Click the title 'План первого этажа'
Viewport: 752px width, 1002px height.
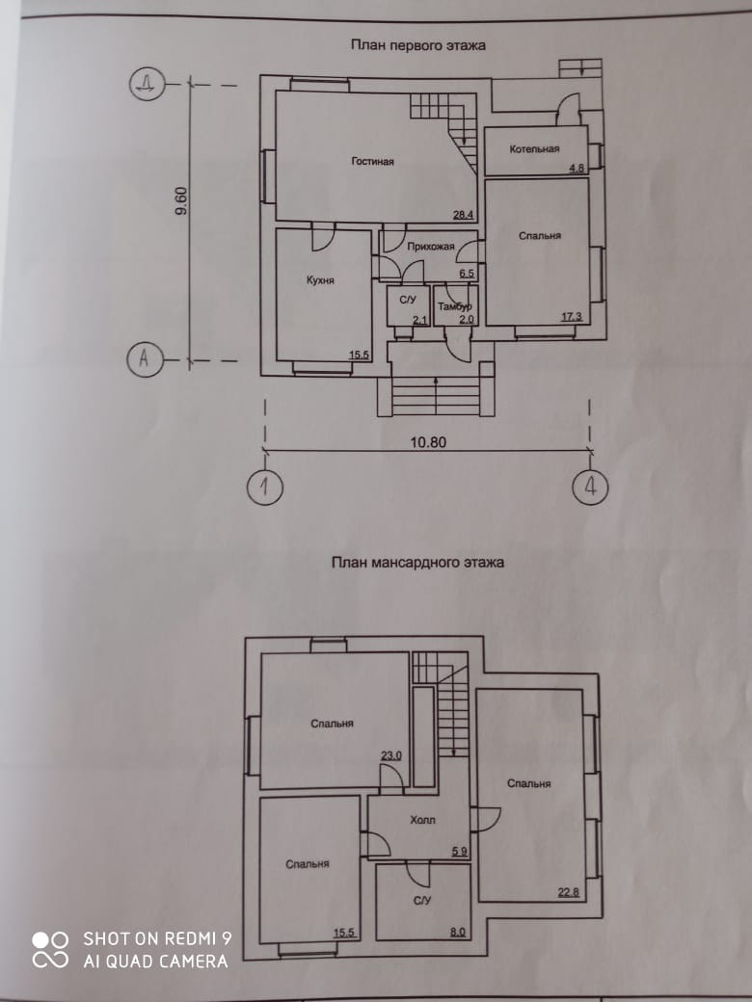pos(417,44)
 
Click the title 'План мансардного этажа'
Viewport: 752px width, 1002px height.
pos(417,562)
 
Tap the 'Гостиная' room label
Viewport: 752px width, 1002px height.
pos(372,162)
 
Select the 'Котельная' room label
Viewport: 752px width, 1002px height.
pos(536,149)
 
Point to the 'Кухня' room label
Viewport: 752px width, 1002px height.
pos(320,280)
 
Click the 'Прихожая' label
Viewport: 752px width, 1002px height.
pos(430,247)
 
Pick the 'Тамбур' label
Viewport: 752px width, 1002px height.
pos(453,306)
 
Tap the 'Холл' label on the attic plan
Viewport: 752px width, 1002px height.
pos(422,820)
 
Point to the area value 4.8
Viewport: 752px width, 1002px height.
pos(577,169)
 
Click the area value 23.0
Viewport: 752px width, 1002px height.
pos(390,756)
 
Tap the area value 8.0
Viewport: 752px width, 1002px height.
pos(457,932)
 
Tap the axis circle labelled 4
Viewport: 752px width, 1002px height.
pos(589,487)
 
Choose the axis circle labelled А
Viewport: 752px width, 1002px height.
pos(145,359)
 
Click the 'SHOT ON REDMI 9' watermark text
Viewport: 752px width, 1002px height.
pos(157,937)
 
